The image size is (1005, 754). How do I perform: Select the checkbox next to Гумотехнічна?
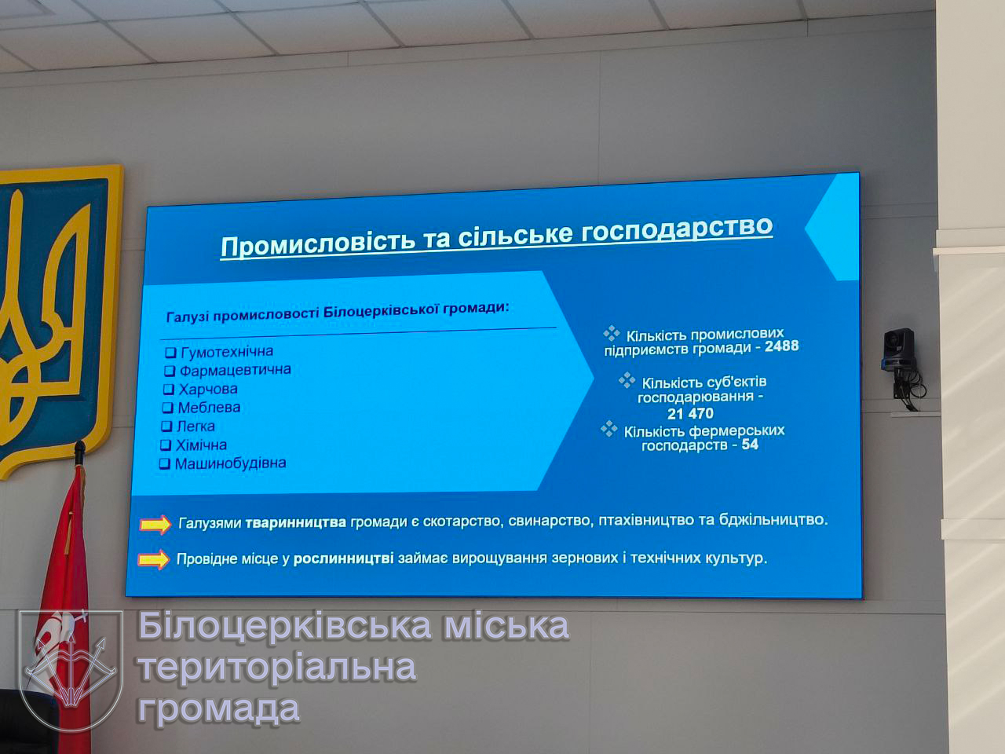tap(170, 353)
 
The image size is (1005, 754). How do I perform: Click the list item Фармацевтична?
tap(235, 370)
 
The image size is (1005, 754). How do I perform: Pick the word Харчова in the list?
tap(208, 389)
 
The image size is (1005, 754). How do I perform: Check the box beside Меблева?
tap(167, 408)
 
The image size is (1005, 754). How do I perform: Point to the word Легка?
tap(196, 426)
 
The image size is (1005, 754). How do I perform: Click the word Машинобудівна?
tap(230, 463)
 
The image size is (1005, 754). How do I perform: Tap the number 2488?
tap(781, 346)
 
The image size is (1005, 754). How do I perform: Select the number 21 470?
tap(690, 414)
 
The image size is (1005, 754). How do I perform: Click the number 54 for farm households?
tap(750, 445)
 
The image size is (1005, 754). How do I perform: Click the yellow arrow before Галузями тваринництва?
tap(155, 524)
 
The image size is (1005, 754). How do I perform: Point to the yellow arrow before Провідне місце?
tap(154, 559)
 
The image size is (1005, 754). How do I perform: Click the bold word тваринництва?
tap(296, 523)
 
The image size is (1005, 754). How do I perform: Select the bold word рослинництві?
tap(343, 559)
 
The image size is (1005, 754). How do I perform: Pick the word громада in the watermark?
tap(219, 708)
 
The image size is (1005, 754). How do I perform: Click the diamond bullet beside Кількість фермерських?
tap(609, 429)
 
